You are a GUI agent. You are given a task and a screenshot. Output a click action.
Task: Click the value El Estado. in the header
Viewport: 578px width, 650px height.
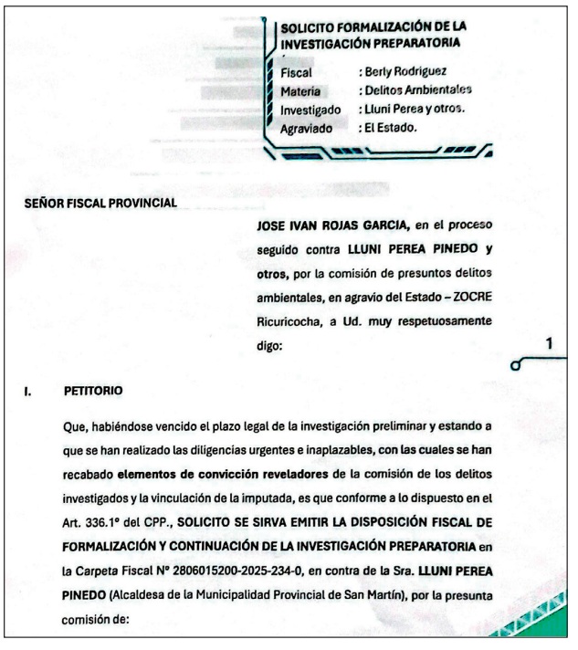coord(392,127)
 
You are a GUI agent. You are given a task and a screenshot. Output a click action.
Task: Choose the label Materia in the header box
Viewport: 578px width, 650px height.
coord(300,91)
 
